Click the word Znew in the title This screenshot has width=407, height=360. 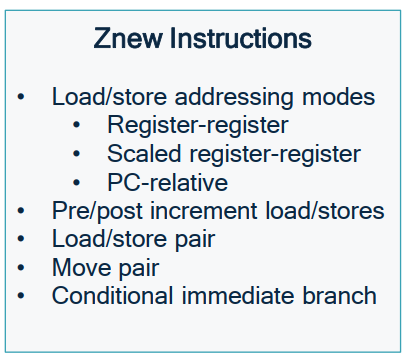(x=128, y=38)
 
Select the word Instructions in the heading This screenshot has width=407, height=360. (x=241, y=38)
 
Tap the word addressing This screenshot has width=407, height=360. (x=234, y=98)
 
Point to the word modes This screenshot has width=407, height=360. (x=338, y=97)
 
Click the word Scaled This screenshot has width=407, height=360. (x=144, y=154)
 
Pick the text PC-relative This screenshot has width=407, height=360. (x=168, y=182)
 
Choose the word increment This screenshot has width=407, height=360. (x=204, y=211)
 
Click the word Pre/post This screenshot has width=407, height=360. (x=97, y=212)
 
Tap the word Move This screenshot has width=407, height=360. (x=82, y=268)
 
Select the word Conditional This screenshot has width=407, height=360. (x=112, y=296)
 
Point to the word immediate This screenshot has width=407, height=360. (x=238, y=296)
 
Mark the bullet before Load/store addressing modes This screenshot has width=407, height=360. (x=21, y=97)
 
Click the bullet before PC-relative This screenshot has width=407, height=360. (x=76, y=183)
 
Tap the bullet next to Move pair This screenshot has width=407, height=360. (x=21, y=268)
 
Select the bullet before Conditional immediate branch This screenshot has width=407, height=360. (x=21, y=296)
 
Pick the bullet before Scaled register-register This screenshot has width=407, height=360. (x=76, y=154)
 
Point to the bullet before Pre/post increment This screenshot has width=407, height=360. (x=21, y=211)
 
